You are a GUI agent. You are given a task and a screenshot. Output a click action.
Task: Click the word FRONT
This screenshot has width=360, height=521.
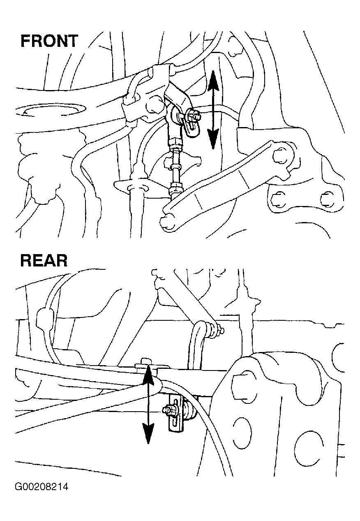coord(49,41)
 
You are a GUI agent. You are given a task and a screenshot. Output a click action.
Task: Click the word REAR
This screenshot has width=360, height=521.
coord(44,261)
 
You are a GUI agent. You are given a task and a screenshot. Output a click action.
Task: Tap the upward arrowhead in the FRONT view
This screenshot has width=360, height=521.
coord(213,80)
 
